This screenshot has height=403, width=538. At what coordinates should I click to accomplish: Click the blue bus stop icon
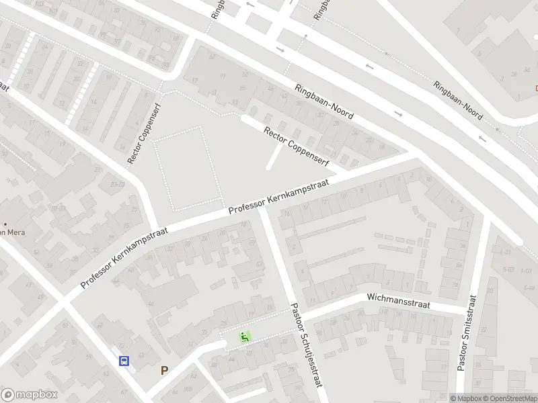pos(124,361)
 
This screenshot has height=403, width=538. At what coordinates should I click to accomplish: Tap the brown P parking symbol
pos(164,370)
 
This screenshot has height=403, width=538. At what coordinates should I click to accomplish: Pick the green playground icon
pos(245,337)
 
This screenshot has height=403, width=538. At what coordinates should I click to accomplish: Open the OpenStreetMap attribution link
pos(510,398)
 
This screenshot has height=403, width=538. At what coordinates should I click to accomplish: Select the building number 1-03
pos(527,271)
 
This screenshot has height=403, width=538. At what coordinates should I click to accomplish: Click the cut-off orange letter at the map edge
pos(536,88)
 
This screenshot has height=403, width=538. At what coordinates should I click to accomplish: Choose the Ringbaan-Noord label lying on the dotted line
pos(457,101)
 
